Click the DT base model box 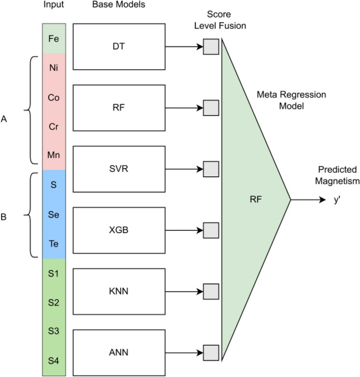click(119, 46)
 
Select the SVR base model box click(119, 168)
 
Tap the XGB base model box click(119, 230)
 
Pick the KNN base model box click(119, 291)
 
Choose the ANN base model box click(119, 352)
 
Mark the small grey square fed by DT click(210, 46)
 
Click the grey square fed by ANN click(210, 352)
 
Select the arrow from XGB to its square click(184, 230)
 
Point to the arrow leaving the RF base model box click(184, 107)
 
